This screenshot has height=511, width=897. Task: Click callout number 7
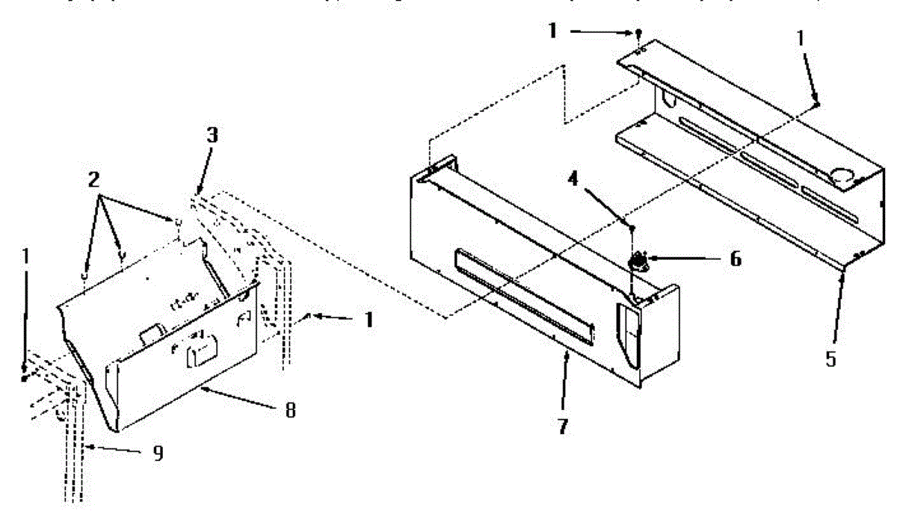coord(562,427)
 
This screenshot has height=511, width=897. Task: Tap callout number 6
coord(736,258)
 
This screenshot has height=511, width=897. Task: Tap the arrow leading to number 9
coord(113,450)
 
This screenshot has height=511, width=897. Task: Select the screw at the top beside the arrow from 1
coord(639,33)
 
